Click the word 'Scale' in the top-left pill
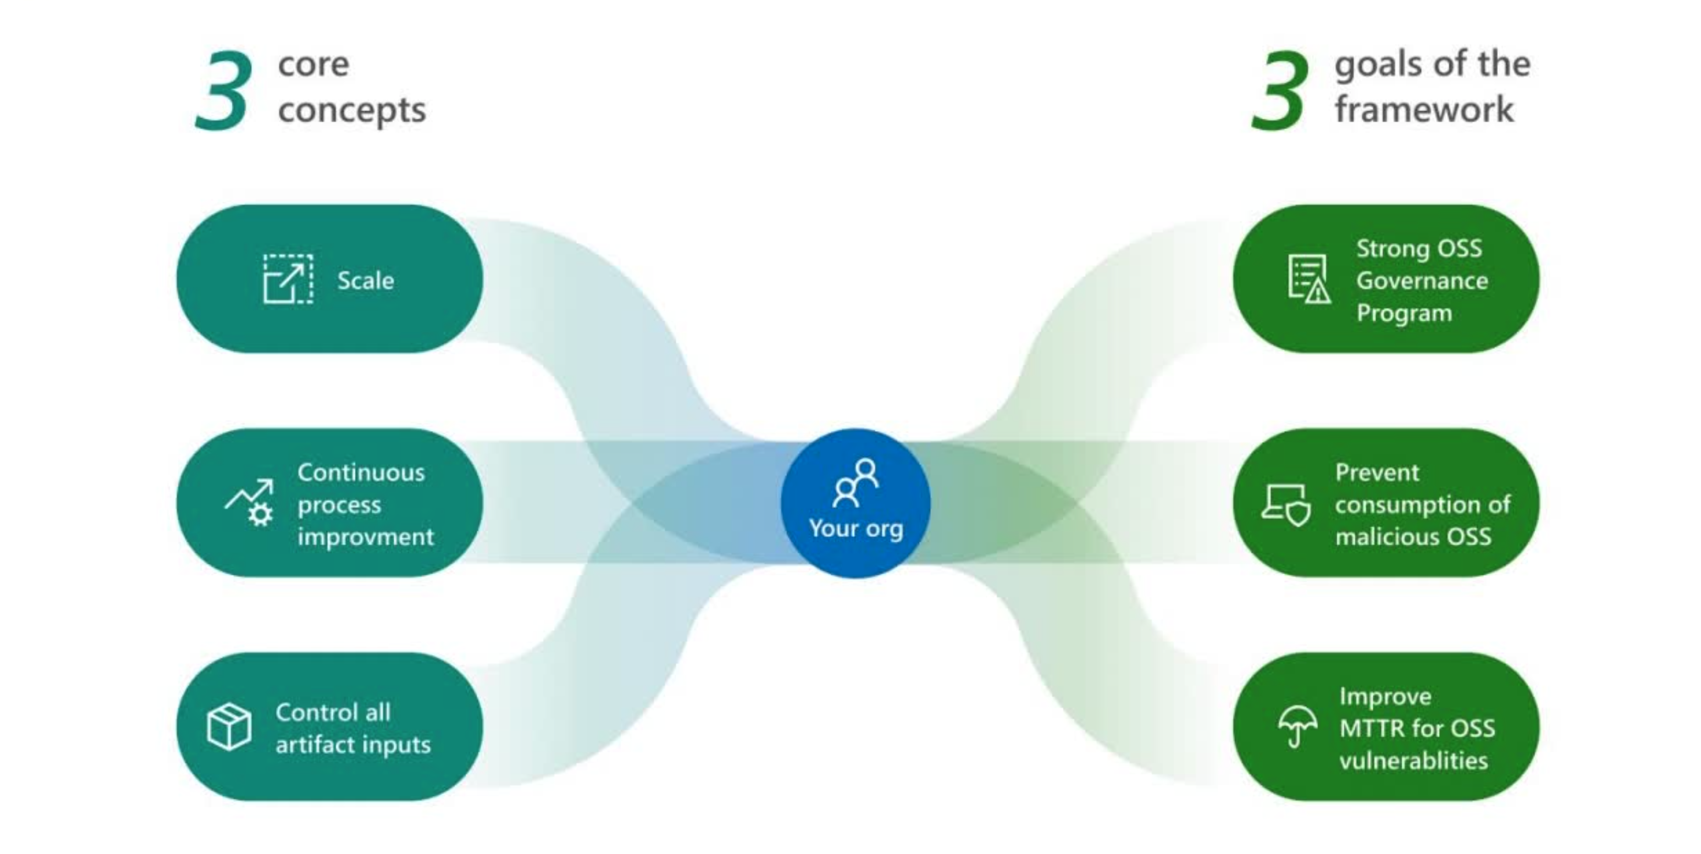tap(366, 280)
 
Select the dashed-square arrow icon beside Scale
tap(288, 279)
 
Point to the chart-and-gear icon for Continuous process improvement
tap(250, 503)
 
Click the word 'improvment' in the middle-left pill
tap(365, 536)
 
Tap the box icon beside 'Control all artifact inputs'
tap(228, 727)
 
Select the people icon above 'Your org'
tap(856, 483)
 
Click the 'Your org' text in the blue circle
tap(856, 529)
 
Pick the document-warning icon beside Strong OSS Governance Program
tap(1309, 279)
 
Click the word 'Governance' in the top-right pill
tap(1422, 280)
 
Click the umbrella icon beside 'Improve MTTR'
tap(1297, 726)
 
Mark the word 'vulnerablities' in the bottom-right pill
tap(1414, 761)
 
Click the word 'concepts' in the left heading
tap(352, 110)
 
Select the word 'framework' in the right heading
tap(1424, 109)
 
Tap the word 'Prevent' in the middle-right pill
tap(1377, 472)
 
